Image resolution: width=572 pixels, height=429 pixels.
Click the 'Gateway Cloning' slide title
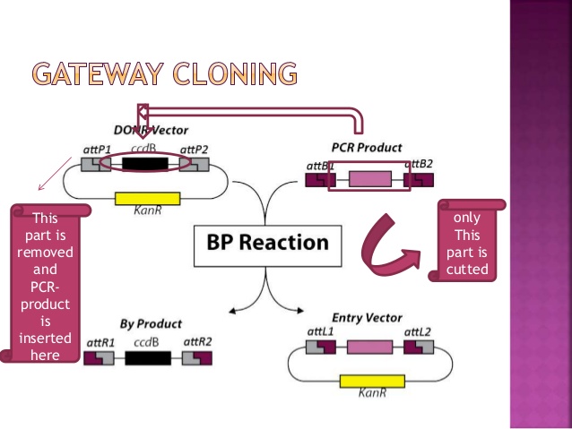coord(163,73)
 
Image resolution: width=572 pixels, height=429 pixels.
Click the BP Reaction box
coord(267,242)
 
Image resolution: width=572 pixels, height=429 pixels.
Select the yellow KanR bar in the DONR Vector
coord(147,199)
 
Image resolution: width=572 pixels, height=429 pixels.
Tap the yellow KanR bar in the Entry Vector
coord(372,381)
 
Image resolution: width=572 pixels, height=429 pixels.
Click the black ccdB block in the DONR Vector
coord(144,164)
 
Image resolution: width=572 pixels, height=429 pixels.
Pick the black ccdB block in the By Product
coord(147,358)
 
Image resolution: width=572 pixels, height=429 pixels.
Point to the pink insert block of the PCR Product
coord(369,179)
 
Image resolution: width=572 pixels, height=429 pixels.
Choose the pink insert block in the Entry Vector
coord(369,347)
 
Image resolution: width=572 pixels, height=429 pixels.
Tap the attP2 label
coord(195,149)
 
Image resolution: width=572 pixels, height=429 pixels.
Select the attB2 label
coord(420,163)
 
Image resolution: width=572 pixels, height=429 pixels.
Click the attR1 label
coord(100,342)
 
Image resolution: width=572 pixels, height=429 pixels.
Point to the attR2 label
coord(196,342)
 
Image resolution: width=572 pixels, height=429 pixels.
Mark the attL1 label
coord(320,331)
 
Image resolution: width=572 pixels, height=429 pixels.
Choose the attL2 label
coord(417,331)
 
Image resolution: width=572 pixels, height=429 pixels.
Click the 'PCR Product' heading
coord(367,147)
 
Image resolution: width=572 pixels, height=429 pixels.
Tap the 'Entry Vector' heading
coord(367,317)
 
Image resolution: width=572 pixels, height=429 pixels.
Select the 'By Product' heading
coord(151,323)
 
